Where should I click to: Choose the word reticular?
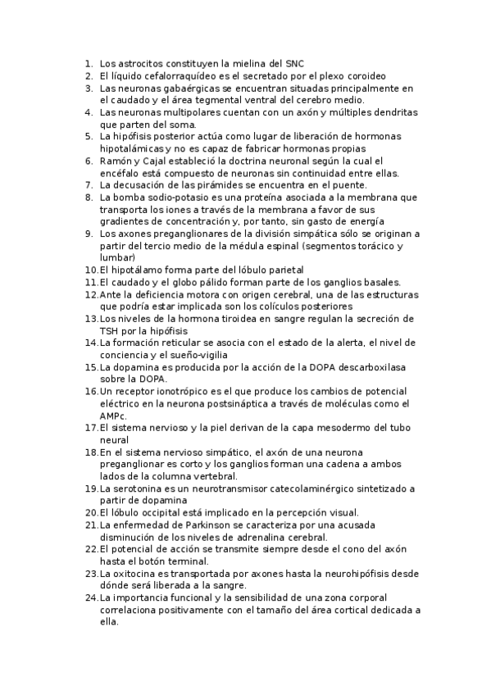point(197,343)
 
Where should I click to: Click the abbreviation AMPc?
point(113,416)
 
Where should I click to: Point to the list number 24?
point(90,597)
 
